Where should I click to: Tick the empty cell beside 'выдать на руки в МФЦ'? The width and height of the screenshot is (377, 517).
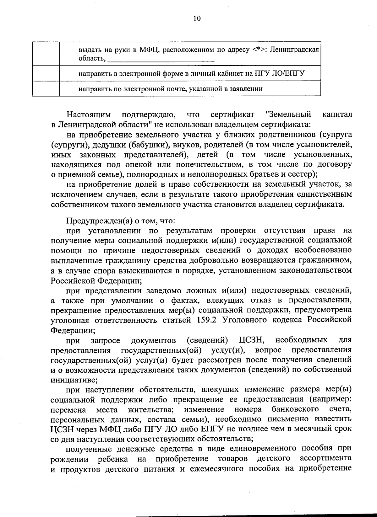46,54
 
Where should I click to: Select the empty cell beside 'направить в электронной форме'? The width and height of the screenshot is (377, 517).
46,73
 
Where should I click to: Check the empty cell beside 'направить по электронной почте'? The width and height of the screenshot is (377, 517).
46,88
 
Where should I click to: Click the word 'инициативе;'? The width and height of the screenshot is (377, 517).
74,380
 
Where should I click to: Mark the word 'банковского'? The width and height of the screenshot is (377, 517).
295,409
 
